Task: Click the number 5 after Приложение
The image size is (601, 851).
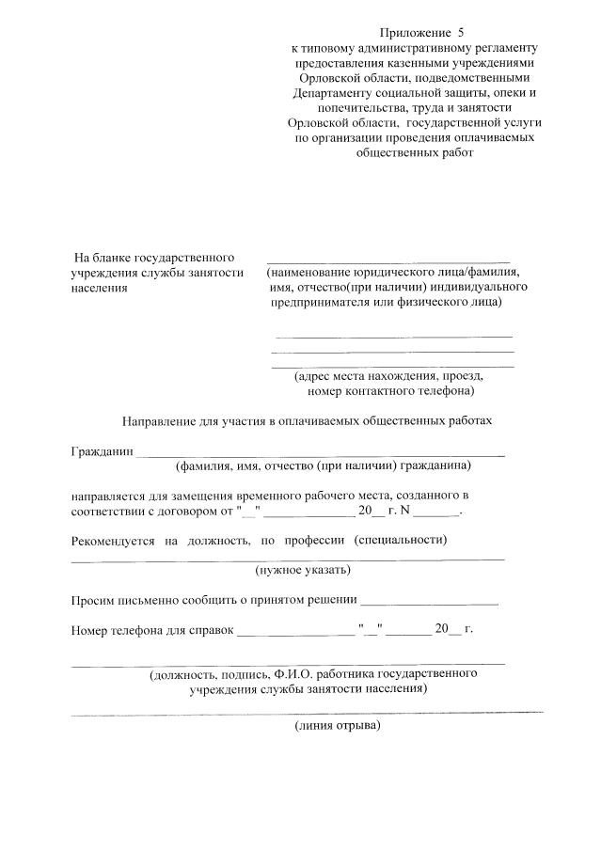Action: click(461, 32)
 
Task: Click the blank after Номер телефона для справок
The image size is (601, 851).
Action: click(295, 631)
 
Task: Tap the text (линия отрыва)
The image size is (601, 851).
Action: click(337, 726)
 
